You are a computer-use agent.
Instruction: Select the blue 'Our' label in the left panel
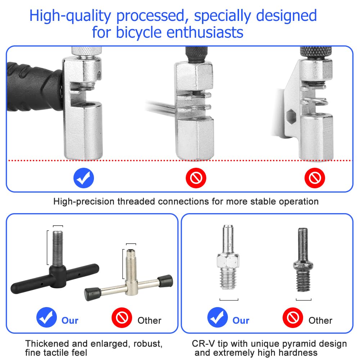point(70,320)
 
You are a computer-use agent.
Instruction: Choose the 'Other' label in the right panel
point(320,320)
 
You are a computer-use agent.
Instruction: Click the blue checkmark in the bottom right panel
point(217,317)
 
